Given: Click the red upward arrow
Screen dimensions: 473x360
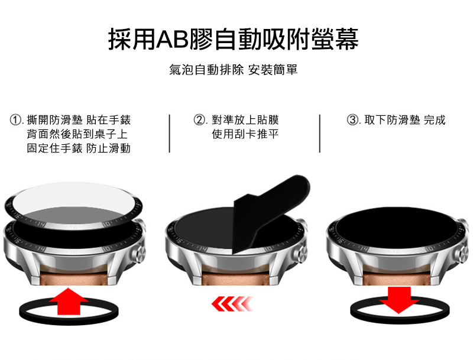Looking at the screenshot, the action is point(69,302).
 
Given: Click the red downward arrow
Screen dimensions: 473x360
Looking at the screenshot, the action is point(399,300).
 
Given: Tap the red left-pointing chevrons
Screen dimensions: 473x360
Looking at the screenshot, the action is point(232,304).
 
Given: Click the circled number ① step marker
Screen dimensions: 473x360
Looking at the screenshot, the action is point(15,119).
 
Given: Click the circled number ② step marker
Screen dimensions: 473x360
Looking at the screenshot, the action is point(199,119).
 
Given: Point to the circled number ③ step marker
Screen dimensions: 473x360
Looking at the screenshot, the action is point(352,119).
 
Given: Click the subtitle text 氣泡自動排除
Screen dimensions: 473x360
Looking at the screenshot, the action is point(206,70).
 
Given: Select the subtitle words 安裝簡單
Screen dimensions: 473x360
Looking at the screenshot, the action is point(273,70).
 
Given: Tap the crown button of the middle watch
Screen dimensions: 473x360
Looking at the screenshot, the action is point(301,252).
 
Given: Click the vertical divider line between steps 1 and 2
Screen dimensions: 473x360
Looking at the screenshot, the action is point(170,133).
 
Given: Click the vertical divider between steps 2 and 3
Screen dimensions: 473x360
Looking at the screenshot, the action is point(320,133).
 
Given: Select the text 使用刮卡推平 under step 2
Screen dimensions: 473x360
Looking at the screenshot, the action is point(245,134).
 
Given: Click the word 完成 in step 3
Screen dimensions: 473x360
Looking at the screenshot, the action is point(435,119).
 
